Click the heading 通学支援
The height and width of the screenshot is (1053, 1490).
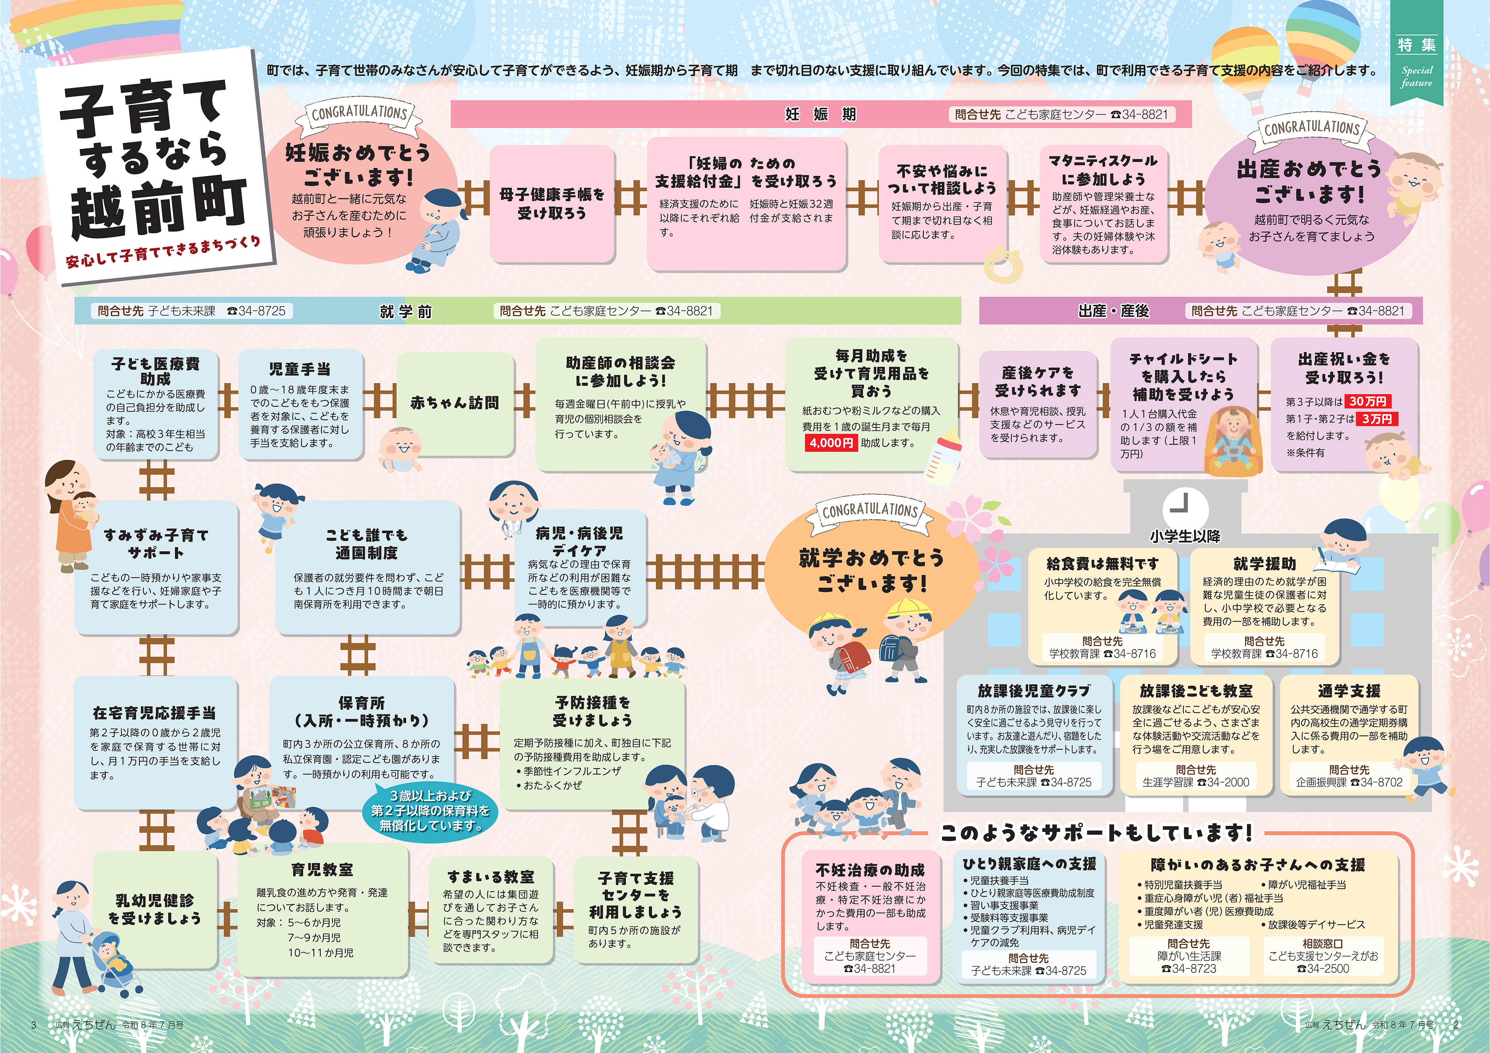(x=1349, y=691)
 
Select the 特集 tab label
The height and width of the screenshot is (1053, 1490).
(x=1417, y=45)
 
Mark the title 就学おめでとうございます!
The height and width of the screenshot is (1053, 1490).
(x=871, y=570)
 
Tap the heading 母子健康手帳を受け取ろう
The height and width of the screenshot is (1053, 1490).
(x=552, y=203)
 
